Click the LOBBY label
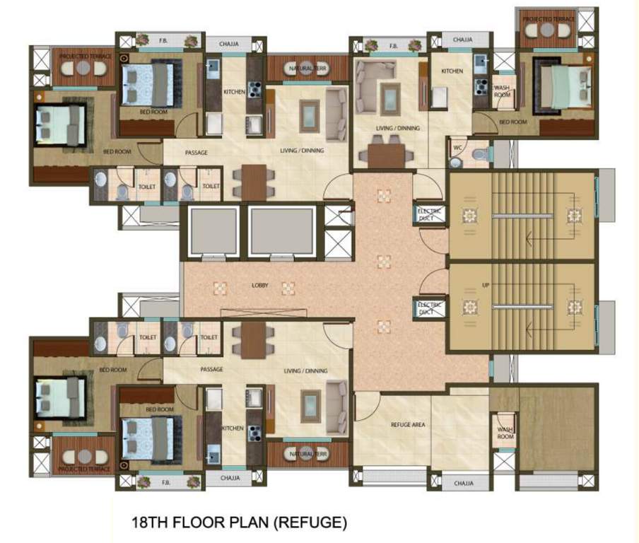260,286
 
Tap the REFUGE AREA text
408,425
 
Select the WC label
457,148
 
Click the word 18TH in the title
148,524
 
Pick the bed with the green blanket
563,86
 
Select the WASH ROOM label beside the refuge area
505,433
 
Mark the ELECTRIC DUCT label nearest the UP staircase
430,308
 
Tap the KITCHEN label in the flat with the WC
452,71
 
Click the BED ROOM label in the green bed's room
514,122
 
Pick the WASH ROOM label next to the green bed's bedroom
502,91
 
